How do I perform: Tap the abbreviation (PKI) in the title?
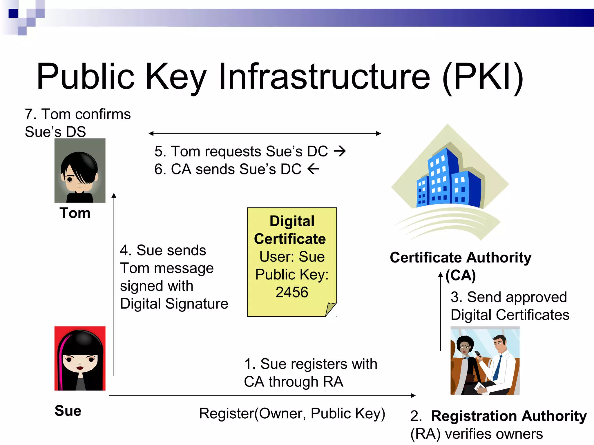pos(483,78)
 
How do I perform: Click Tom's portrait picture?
pos(80,170)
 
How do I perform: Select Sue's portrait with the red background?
pos(80,358)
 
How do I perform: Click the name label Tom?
pos(75,213)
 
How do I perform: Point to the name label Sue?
pos(68,411)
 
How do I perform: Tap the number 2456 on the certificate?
pos(291,292)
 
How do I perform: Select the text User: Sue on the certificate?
pos(292,257)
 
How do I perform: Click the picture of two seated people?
pos(485,361)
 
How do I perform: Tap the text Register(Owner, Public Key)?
pos(292,413)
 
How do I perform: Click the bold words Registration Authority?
pos(509,416)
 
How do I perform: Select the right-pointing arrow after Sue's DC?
pos(340,151)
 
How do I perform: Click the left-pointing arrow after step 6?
pos(313,169)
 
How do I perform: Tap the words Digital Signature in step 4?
pos(174,304)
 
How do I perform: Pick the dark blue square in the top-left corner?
pos(13,13)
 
